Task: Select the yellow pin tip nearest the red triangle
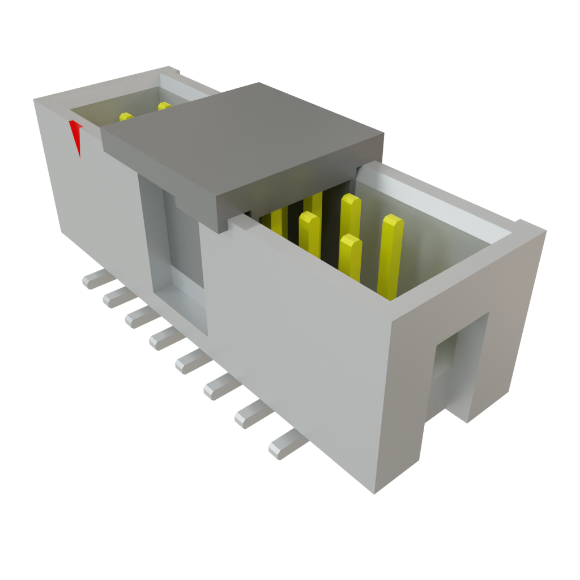pyautogui.click(x=126, y=117)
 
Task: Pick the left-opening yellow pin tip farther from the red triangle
pyautogui.click(x=164, y=106)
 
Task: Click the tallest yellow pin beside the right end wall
pyautogui.click(x=391, y=255)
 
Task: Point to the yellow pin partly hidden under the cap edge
pyautogui.click(x=278, y=221)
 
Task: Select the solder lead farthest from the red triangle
pyautogui.click(x=286, y=445)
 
